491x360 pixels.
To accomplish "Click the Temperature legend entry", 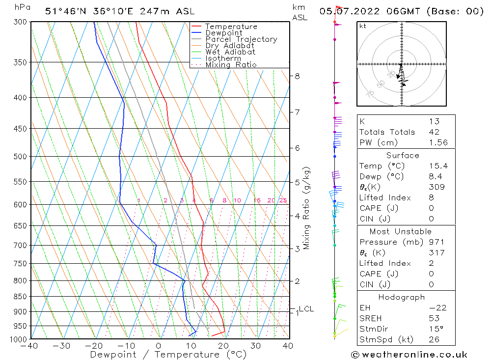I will [231, 27].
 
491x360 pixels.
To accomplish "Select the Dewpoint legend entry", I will [223, 33].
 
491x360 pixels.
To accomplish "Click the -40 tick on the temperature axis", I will [30, 346].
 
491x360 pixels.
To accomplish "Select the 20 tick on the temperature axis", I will [224, 346].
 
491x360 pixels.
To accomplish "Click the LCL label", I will [306, 309].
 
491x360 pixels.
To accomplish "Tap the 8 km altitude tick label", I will [297, 76].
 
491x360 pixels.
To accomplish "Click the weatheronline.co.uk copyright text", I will [409, 354].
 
